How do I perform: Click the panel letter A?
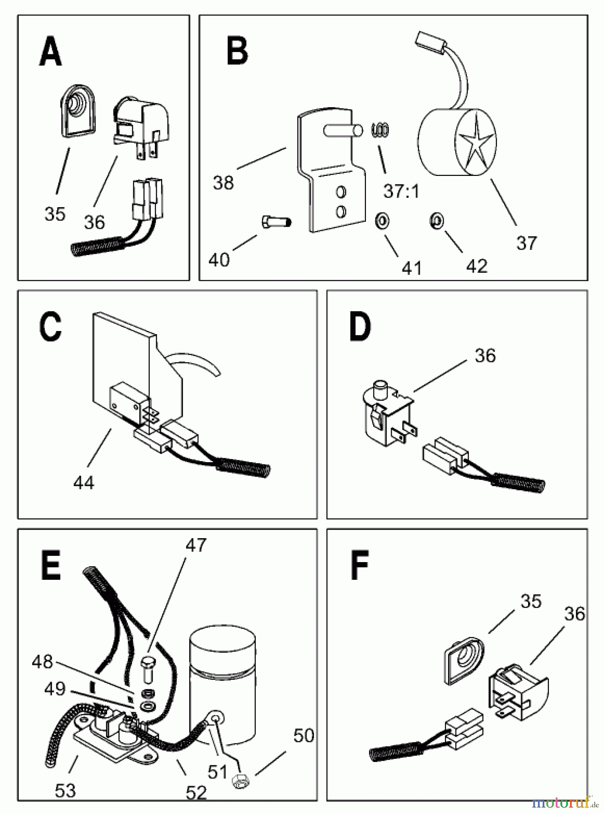pos(51,53)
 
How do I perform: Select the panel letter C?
pos(50,327)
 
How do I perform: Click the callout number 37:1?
pos(401,191)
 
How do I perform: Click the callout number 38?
pos(223,183)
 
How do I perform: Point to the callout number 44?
pos(84,483)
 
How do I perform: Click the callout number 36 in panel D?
pos(485,355)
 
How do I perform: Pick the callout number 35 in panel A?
pos(55,213)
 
